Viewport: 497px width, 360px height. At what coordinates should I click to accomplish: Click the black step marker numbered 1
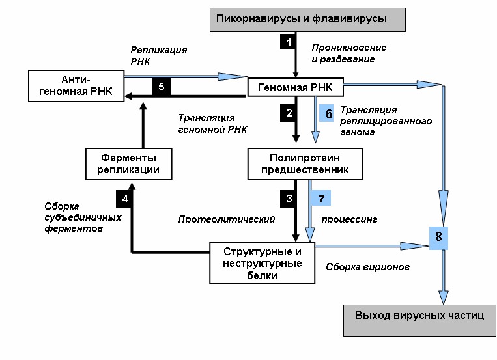[x=288, y=42]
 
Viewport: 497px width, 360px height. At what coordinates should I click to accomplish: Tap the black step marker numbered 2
[x=288, y=113]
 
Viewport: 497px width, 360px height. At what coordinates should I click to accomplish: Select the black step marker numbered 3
[x=288, y=199]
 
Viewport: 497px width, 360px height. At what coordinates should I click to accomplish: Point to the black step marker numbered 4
[x=124, y=199]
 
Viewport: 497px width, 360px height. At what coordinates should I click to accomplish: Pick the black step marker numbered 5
[x=162, y=87]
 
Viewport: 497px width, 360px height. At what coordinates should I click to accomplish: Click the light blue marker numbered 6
[x=326, y=113]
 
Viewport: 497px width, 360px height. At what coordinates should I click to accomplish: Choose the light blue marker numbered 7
[x=321, y=199]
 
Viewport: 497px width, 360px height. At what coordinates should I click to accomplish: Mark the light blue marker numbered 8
[x=438, y=238]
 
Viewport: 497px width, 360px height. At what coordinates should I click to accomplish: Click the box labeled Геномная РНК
[x=296, y=87]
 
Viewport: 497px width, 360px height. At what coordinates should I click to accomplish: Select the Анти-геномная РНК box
[x=76, y=86]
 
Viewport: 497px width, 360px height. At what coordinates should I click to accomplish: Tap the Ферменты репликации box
[x=129, y=164]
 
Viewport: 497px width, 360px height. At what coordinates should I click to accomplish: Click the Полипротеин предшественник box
[x=305, y=164]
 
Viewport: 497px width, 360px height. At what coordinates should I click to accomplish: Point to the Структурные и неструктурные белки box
[x=262, y=263]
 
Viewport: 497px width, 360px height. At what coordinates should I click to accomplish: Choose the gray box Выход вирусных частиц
[x=419, y=320]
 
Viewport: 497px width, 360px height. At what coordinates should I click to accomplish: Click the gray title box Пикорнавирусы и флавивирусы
[x=307, y=20]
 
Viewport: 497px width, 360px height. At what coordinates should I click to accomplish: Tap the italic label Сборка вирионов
[x=367, y=267]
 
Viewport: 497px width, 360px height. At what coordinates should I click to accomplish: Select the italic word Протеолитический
[x=226, y=219]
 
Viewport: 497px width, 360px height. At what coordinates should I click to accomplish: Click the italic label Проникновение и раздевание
[x=348, y=53]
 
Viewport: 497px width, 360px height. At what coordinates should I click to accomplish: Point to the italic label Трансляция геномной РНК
[x=212, y=124]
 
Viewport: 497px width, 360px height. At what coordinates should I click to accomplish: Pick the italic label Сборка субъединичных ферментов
[x=83, y=217]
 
